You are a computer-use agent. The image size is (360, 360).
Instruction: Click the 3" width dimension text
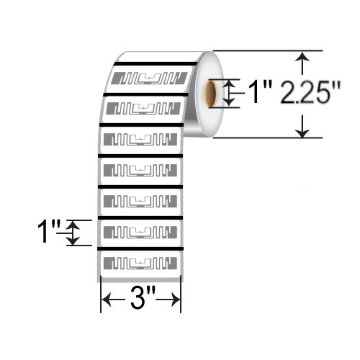[x=140, y=299]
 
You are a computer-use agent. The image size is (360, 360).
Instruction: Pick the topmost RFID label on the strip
[x=150, y=78]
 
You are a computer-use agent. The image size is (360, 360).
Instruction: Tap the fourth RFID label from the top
[x=140, y=170]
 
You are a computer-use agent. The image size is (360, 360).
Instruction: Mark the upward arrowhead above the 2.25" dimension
[x=304, y=58]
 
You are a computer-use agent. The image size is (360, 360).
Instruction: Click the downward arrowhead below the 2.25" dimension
[x=304, y=130]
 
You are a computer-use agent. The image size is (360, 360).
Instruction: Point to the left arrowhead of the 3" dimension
[x=104, y=299]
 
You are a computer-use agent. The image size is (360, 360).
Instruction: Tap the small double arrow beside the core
[x=230, y=93]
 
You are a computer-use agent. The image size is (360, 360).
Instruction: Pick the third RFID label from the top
[x=141, y=139]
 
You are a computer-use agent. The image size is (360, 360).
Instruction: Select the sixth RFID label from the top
[x=140, y=231]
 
